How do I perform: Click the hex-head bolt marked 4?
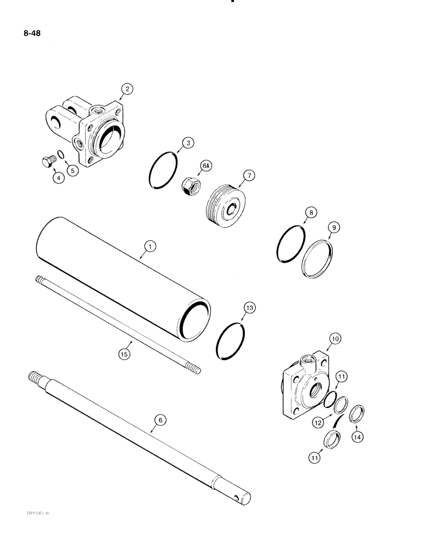coord(47,162)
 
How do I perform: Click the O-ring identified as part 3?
coord(163,171)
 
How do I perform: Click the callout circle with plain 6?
coord(160,420)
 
